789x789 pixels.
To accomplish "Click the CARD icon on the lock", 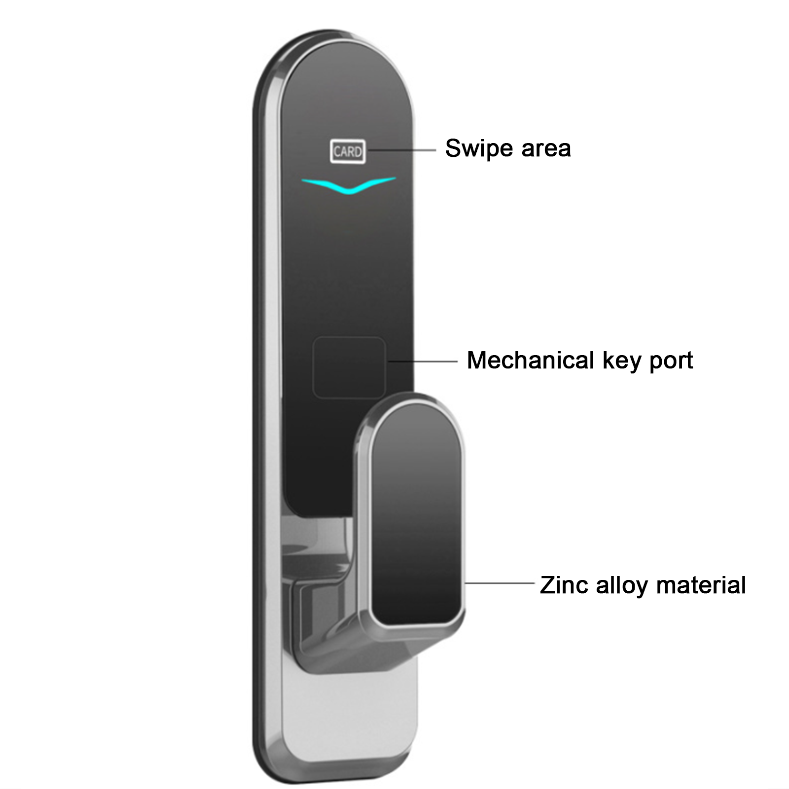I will coord(348,151).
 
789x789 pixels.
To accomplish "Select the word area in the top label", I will coord(546,149).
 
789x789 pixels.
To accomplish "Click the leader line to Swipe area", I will coord(400,149).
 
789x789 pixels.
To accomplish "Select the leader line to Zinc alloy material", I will coord(499,583).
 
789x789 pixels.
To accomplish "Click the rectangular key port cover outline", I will coord(349,367).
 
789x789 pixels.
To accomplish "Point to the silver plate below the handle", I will coord(350,710).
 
